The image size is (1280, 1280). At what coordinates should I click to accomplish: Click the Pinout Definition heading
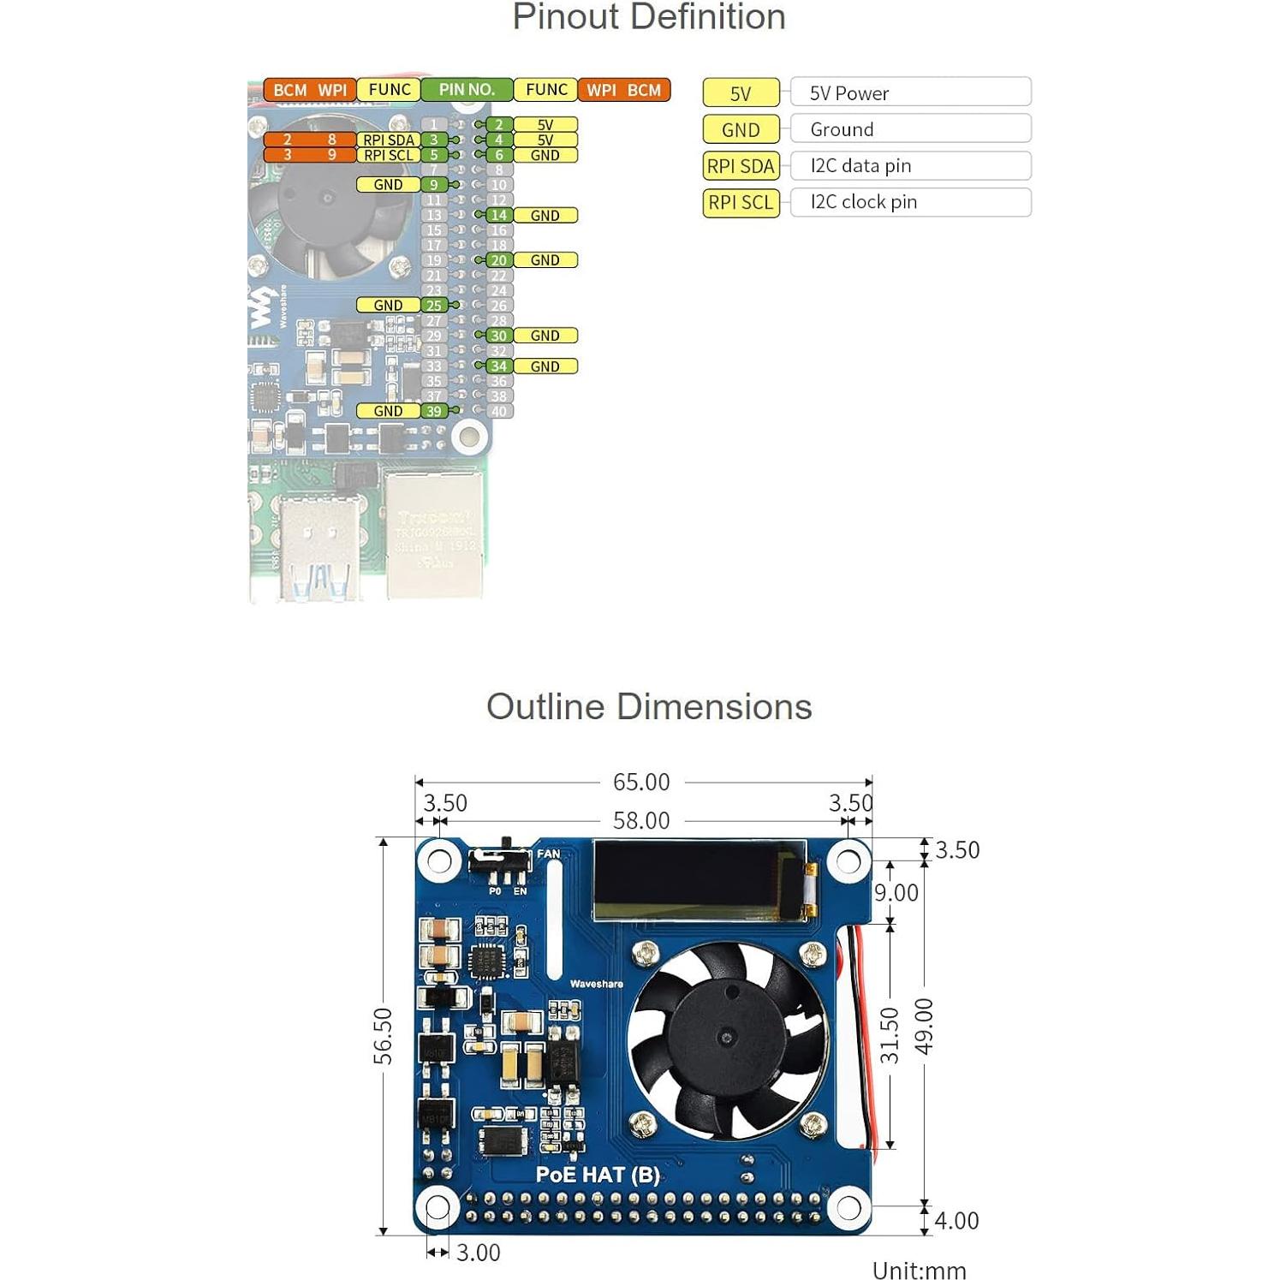648,18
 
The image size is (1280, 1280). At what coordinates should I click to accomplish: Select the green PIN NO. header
467,90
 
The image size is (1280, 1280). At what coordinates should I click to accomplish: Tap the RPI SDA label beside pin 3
389,140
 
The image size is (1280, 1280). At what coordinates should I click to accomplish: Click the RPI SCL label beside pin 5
389,155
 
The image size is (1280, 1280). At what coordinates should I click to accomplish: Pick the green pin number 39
434,411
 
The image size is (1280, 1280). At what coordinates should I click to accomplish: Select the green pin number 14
499,216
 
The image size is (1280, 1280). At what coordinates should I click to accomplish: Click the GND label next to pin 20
545,260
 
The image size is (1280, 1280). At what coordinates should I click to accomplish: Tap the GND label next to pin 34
545,366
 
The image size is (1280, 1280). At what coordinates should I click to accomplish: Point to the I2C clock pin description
863,202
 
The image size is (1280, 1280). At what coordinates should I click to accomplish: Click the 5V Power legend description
849,93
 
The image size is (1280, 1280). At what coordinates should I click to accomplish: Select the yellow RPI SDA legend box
741,166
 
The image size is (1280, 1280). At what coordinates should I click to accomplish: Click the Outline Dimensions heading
648,707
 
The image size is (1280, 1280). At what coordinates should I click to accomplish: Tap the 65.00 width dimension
641,782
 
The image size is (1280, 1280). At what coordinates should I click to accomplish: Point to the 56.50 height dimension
384,1036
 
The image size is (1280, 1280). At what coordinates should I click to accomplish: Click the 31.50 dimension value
890,1035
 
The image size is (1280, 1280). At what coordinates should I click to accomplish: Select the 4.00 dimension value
956,1220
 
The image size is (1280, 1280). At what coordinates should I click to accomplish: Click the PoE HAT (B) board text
598,1175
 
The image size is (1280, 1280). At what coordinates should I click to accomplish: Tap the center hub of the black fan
728,1037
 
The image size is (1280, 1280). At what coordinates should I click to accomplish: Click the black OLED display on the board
700,880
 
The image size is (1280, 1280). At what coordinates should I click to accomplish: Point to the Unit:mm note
919,1270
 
